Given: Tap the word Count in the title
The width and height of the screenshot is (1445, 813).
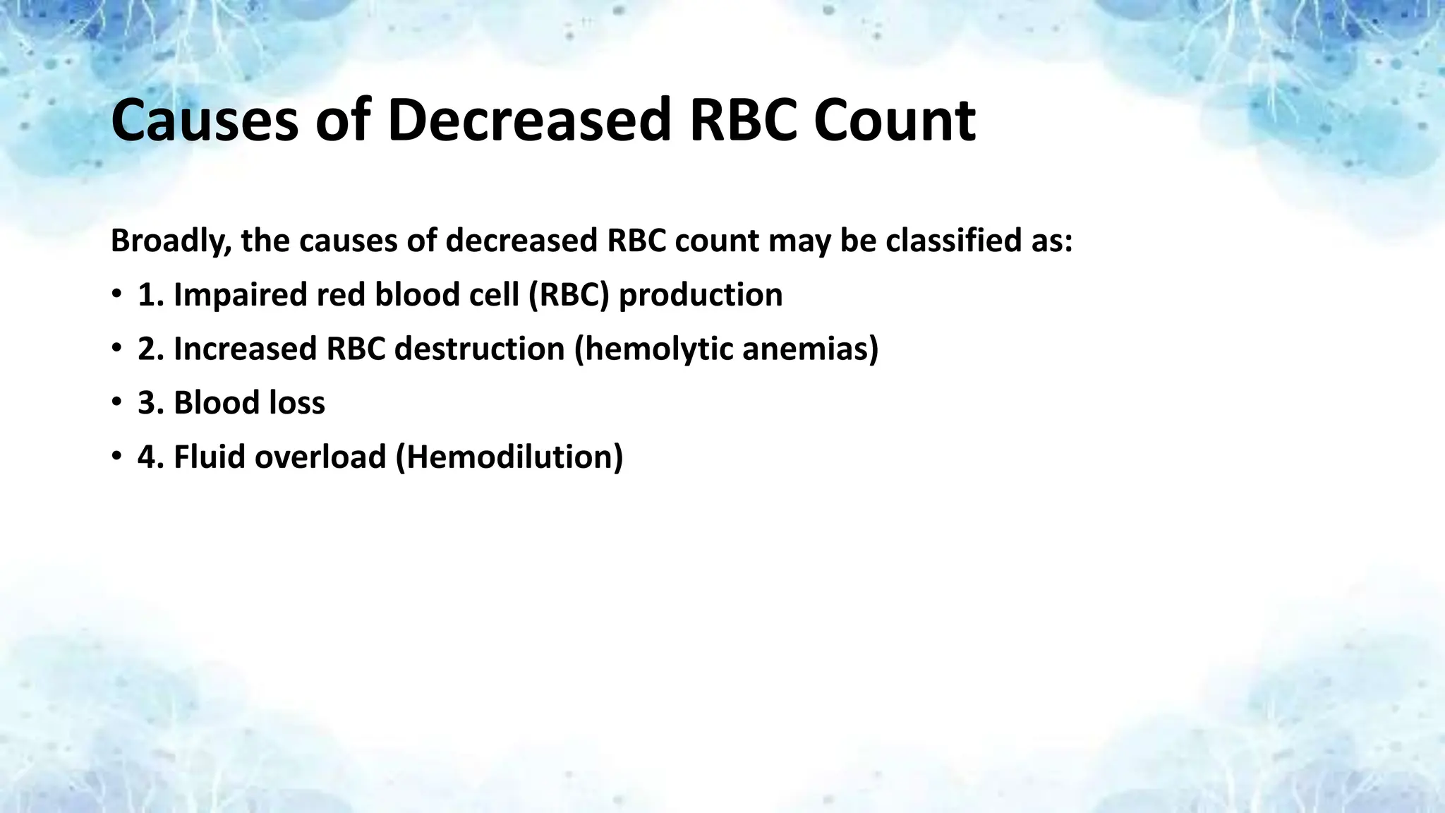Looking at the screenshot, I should point(894,120).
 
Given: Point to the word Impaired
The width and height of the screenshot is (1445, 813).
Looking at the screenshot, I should point(240,295).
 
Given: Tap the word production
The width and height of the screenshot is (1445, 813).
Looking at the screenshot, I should point(701,295).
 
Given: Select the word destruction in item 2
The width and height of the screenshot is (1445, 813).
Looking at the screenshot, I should point(480,349).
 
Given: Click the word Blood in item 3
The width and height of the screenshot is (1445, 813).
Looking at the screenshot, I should point(207,403).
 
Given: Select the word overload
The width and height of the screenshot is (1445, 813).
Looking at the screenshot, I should point(320,457).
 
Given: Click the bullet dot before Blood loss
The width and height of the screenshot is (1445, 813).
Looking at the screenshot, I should point(116,403).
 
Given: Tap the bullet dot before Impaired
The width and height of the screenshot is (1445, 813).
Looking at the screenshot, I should point(116,295).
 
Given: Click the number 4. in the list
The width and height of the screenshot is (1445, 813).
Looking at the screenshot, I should point(151,457).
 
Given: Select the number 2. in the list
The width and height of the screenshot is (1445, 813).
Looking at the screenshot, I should point(151,349).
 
